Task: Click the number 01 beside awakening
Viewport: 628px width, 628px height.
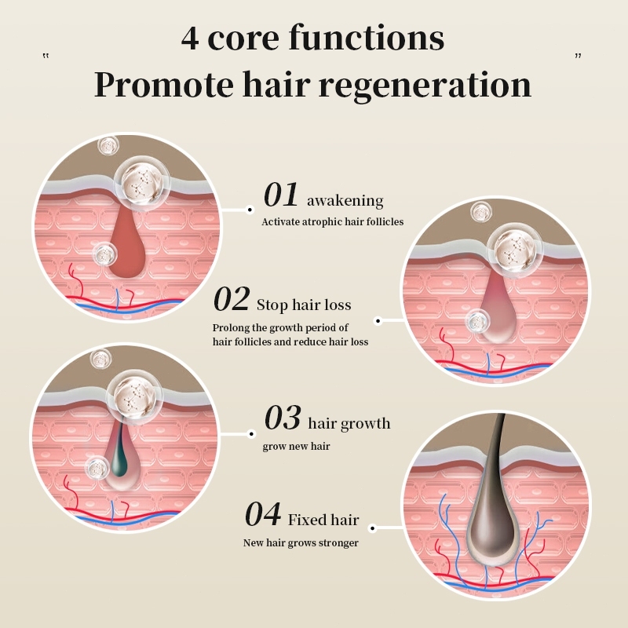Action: [x=281, y=195]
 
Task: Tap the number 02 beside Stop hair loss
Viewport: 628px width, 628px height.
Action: [x=231, y=299]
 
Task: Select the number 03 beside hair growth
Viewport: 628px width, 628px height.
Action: [x=283, y=418]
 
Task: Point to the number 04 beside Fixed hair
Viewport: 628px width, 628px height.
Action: [x=263, y=514]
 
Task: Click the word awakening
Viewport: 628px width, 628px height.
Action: [x=345, y=200]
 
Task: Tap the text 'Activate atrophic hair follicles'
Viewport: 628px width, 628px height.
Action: [x=332, y=222]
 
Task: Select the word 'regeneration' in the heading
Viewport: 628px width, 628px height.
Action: [x=425, y=86]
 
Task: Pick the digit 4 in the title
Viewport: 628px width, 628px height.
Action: [x=190, y=38]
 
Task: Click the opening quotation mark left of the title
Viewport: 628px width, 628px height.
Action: [x=46, y=56]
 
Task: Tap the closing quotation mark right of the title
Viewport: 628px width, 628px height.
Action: [x=578, y=56]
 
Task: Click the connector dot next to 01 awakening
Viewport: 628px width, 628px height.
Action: [x=250, y=210]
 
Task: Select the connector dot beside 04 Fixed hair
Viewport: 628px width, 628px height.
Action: [x=372, y=528]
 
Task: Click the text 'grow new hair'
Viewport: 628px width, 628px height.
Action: [x=297, y=446]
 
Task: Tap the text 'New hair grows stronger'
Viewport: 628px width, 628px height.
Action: [x=301, y=543]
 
